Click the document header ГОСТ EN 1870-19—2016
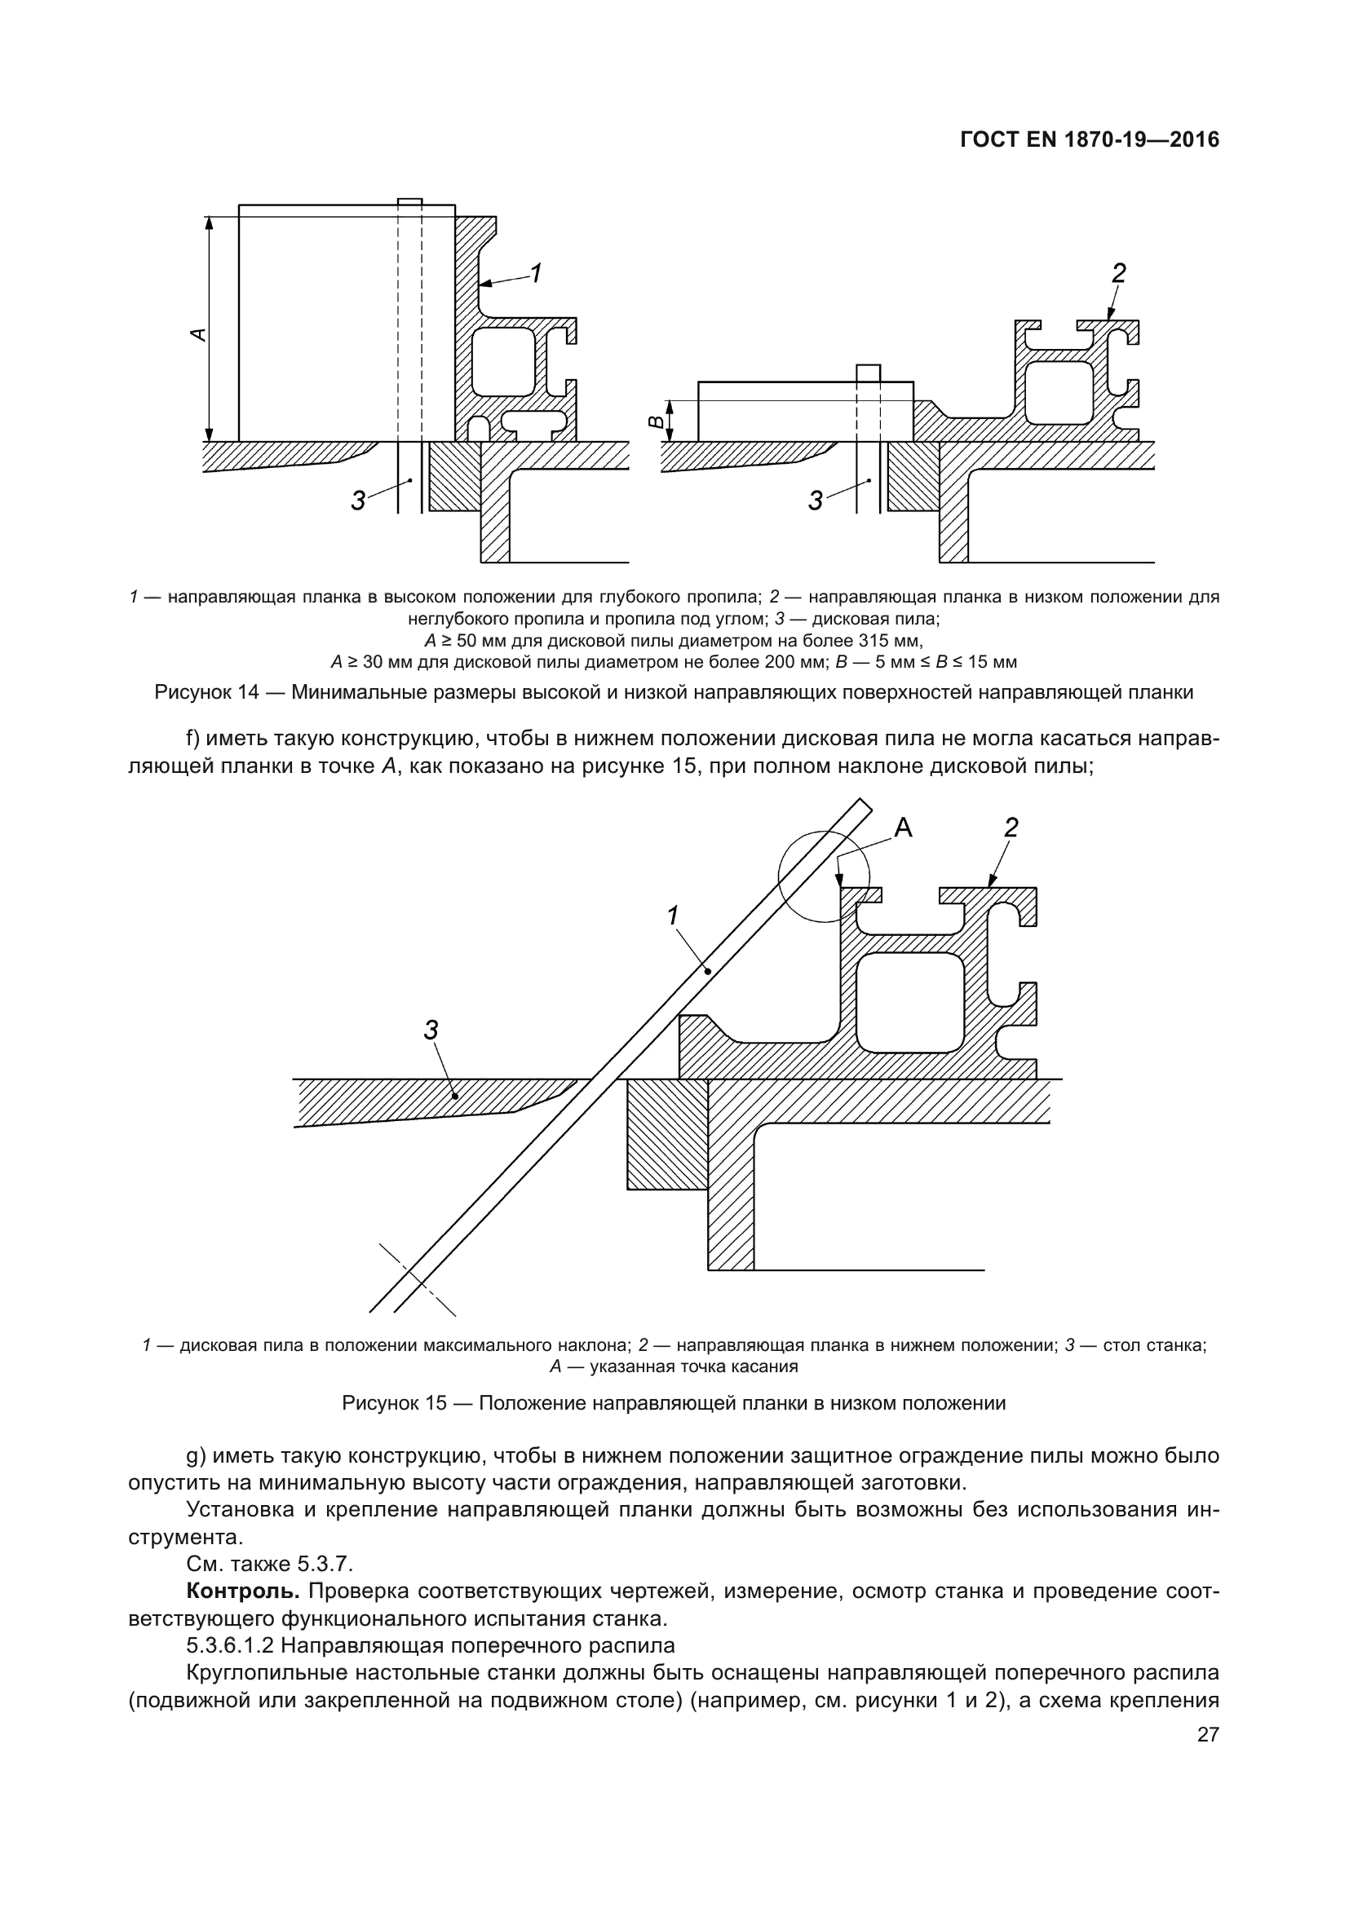click(x=1089, y=139)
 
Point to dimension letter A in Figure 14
click(x=198, y=334)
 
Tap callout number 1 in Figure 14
click(x=537, y=272)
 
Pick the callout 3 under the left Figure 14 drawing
click(x=358, y=501)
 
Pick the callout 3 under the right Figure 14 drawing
click(x=816, y=501)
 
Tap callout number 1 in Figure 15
click(x=673, y=916)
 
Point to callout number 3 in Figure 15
click(x=431, y=1030)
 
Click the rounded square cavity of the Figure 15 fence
click(x=909, y=1001)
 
